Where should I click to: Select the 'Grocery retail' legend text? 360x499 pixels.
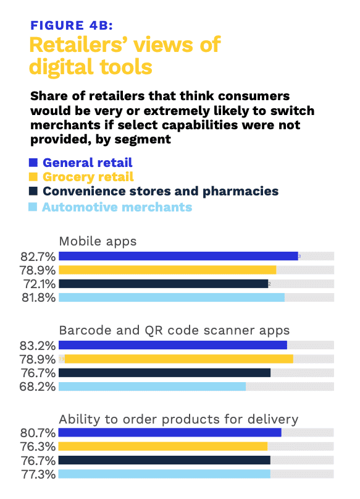pos(88,177)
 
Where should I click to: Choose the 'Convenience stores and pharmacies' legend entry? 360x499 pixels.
pos(160,192)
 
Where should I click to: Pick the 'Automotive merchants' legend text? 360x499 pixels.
pos(117,207)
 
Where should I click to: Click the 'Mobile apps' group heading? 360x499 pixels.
pos(98,241)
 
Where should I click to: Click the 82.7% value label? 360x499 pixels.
pos(38,256)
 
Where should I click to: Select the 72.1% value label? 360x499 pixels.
pos(38,284)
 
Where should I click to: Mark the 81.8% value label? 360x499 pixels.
pos(38,297)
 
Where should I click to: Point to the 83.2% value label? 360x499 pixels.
pos(38,345)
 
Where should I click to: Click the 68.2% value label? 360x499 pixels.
pos(38,386)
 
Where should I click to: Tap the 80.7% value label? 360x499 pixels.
pos(38,433)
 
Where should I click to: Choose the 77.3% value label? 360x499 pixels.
pos(38,474)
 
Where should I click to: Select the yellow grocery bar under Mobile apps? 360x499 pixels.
pos(167,270)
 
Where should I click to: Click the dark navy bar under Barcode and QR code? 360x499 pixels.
pos(164,373)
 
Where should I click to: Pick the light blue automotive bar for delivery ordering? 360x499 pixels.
pos(164,474)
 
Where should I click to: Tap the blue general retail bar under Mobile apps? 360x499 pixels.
pos(178,256)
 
